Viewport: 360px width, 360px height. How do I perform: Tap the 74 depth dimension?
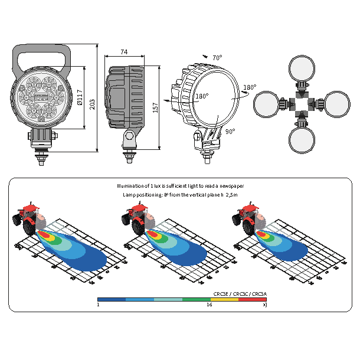124,52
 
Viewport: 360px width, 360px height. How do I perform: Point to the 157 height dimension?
155,104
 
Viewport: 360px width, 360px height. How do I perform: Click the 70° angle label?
217,58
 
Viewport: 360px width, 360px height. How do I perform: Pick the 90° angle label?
230,132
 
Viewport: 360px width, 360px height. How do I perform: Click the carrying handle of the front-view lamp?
41,58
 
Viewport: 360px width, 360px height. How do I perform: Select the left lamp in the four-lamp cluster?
266,104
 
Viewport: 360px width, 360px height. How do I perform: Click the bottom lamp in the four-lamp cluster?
302,140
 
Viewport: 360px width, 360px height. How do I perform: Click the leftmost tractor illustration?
27,218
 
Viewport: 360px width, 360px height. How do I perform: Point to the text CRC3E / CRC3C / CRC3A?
240,293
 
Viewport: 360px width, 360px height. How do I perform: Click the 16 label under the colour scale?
209,305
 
